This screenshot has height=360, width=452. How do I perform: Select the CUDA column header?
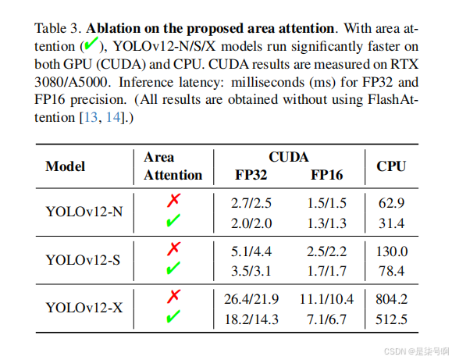tap(289, 157)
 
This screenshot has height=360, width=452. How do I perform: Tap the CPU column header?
tap(391, 166)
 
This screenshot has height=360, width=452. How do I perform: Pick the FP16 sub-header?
tap(327, 175)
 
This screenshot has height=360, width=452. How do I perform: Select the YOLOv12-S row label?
tap(84, 259)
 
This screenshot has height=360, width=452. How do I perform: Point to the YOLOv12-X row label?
tap(84, 307)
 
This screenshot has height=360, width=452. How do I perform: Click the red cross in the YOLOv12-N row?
tap(173, 201)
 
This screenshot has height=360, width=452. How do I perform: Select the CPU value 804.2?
tap(391, 299)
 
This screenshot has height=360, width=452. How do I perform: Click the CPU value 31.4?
tap(391, 224)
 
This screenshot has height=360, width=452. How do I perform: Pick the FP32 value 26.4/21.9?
tap(251, 299)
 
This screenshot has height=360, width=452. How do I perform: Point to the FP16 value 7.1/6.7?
tap(326, 319)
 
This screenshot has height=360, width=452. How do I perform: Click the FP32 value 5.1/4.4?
tap(251, 251)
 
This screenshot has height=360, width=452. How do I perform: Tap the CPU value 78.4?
tap(391, 271)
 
